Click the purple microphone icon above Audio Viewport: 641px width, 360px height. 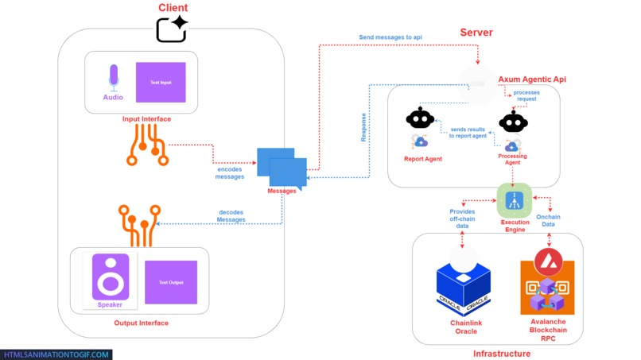click(113, 77)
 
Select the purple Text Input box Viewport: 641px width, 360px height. click(161, 82)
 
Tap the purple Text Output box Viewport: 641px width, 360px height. click(171, 282)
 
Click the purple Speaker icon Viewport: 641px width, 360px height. click(111, 277)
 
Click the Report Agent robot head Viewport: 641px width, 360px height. click(420, 119)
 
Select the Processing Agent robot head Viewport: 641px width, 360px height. click(513, 122)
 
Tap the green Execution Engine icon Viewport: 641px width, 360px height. click(515, 199)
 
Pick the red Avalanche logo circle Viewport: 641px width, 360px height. click(546, 261)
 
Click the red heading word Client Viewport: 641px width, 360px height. click(173, 8)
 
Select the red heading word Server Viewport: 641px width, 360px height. click(476, 33)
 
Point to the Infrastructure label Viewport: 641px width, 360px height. click(501, 353)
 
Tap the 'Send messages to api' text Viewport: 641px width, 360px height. click(390, 37)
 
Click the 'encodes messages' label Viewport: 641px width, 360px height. click(230, 172)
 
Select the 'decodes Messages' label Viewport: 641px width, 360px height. click(231, 215)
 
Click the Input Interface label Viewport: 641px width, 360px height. click(146, 119)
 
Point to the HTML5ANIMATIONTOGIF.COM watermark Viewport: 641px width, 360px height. click(56, 354)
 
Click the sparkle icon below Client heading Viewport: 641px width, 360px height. click(172, 29)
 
